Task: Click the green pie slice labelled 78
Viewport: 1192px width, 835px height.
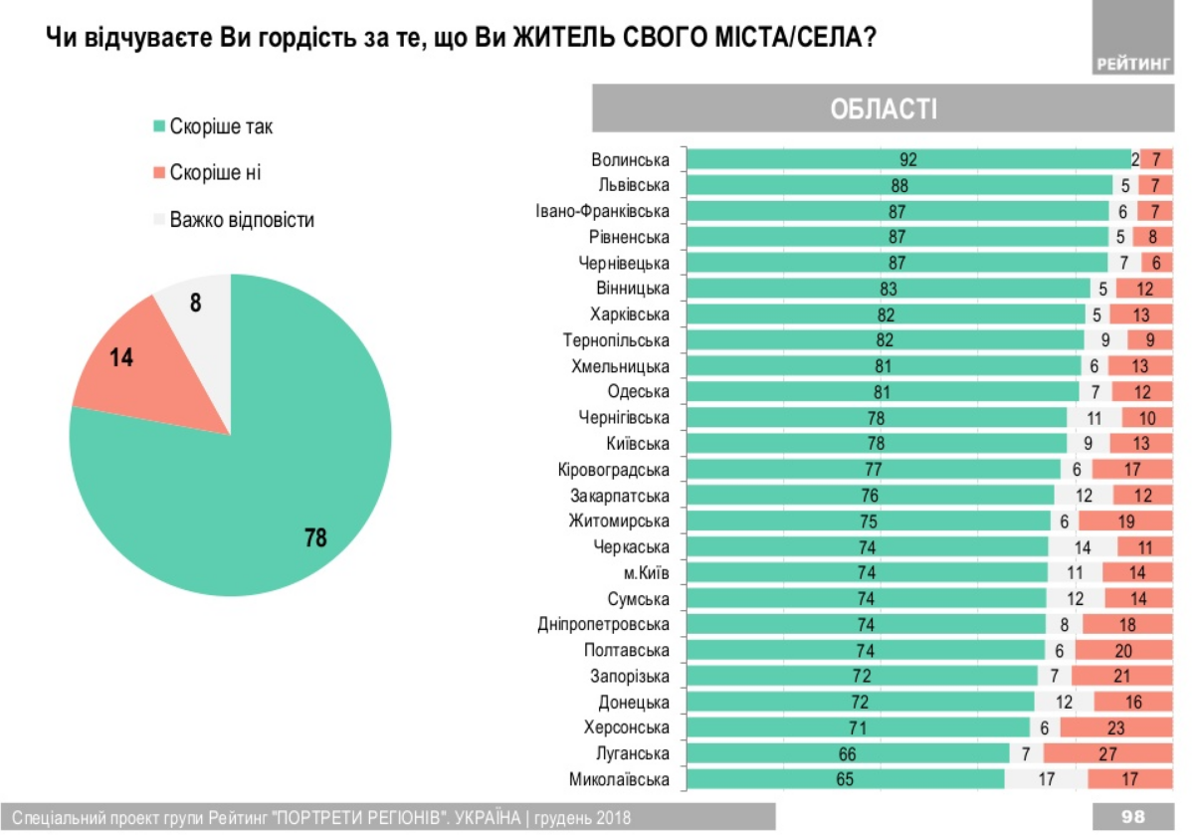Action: [249, 478]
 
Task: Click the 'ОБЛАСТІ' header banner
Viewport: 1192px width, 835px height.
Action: [883, 107]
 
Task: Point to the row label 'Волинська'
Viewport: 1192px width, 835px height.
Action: [630, 159]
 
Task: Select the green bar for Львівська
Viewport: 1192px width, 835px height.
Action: [899, 185]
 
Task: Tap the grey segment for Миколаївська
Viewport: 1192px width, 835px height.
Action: [1045, 779]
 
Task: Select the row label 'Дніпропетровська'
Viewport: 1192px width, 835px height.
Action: [604, 624]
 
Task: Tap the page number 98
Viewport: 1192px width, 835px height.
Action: [1132, 816]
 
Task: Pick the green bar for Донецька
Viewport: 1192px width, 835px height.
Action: [861, 702]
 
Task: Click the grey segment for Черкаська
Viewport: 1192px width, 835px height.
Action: [1083, 546]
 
